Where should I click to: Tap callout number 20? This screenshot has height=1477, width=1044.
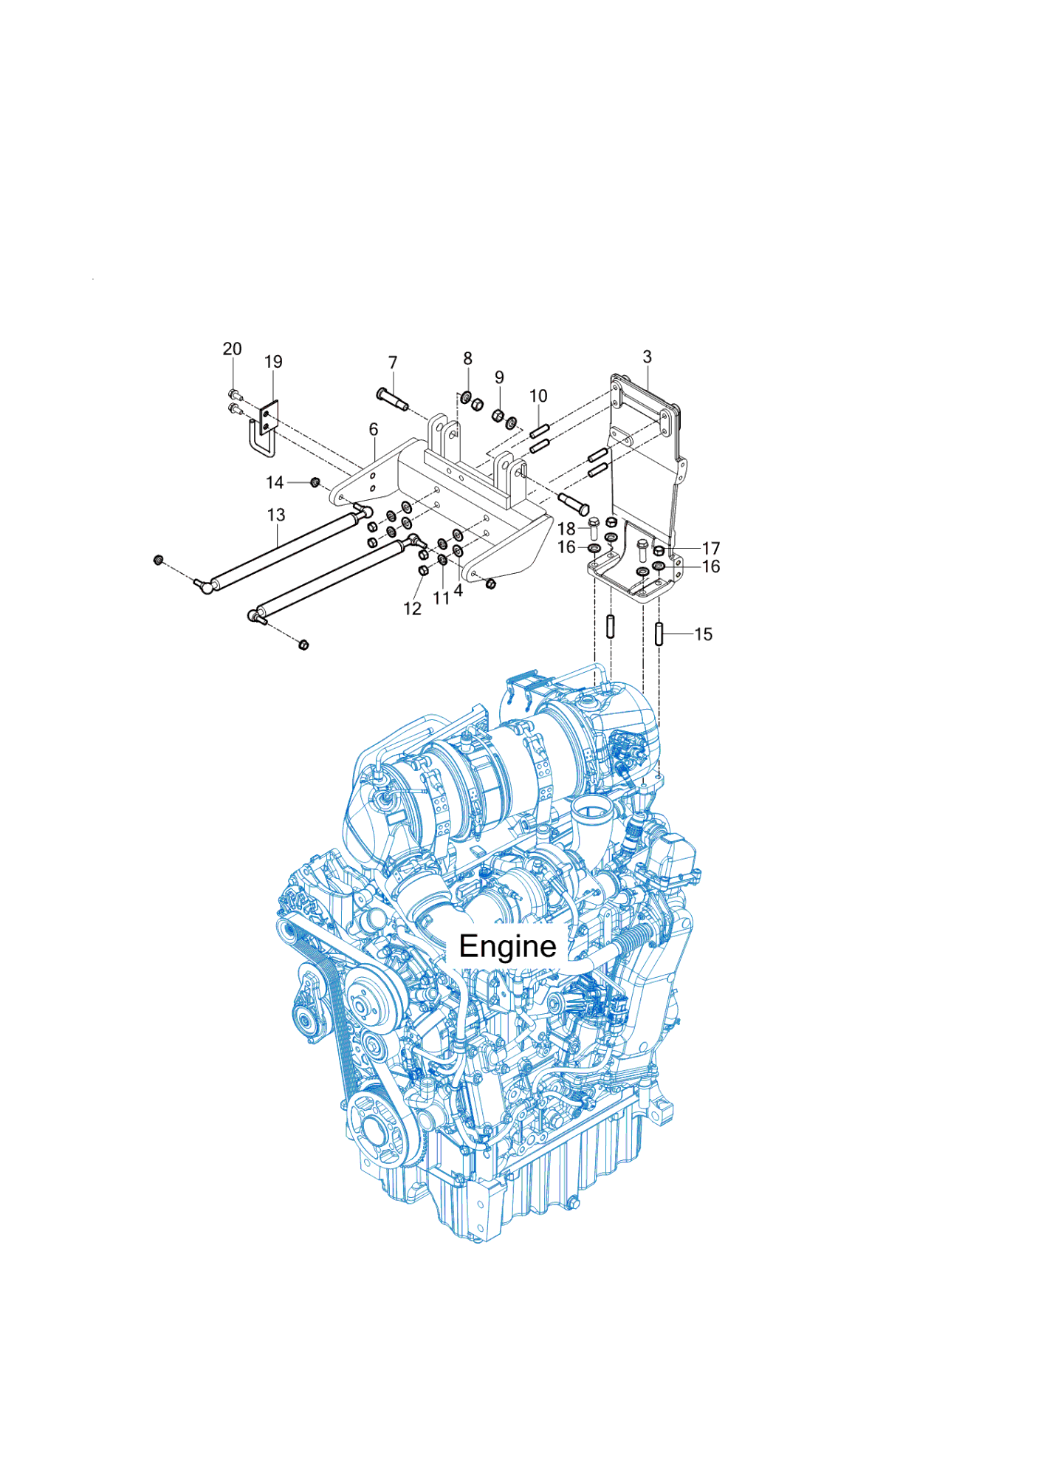[x=232, y=349]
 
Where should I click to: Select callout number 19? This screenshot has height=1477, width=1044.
[x=273, y=362]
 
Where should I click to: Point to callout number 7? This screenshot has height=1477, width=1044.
[x=393, y=363]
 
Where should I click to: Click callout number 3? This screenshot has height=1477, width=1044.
[x=648, y=357]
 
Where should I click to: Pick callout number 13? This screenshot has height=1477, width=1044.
[x=276, y=515]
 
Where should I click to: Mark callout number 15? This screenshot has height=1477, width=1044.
[x=704, y=634]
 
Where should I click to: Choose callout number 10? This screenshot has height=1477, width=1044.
[x=538, y=396]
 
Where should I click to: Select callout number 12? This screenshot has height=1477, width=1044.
[x=413, y=609]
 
